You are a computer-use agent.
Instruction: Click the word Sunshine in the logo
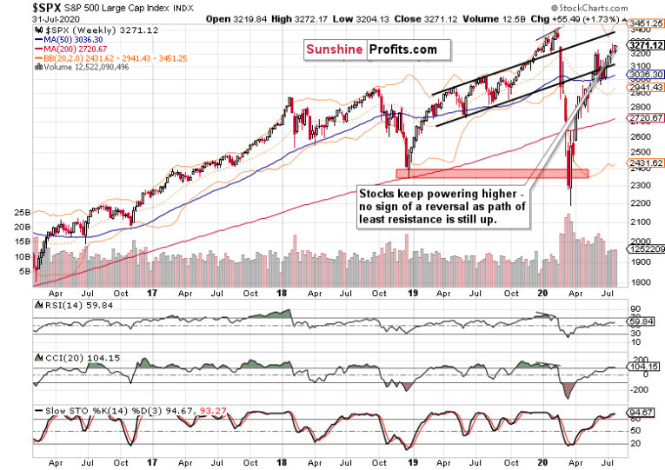tap(334, 50)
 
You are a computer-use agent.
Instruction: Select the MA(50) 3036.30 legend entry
tap(66, 38)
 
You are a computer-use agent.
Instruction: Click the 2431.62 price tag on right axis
tap(643, 162)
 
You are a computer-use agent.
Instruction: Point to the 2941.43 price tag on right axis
tap(643, 87)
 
